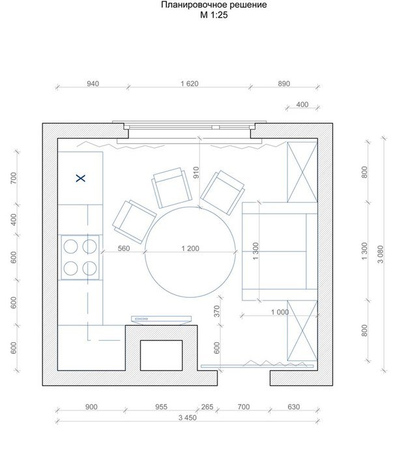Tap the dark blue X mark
point(81,179)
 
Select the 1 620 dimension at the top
point(190,83)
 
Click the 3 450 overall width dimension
point(188,418)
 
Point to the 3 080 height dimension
point(381,254)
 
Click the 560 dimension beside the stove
point(124,248)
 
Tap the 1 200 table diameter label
point(190,248)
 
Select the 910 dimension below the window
point(196,173)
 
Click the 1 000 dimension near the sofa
point(280,312)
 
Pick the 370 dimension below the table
point(217,312)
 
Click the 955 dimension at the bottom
point(161,407)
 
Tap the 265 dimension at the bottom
point(207,407)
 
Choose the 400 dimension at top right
point(302,104)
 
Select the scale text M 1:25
point(214,15)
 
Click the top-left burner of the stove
point(70,247)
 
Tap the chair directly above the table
point(171,188)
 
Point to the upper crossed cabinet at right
point(302,172)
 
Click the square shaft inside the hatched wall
point(162,355)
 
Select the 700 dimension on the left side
point(14,179)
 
